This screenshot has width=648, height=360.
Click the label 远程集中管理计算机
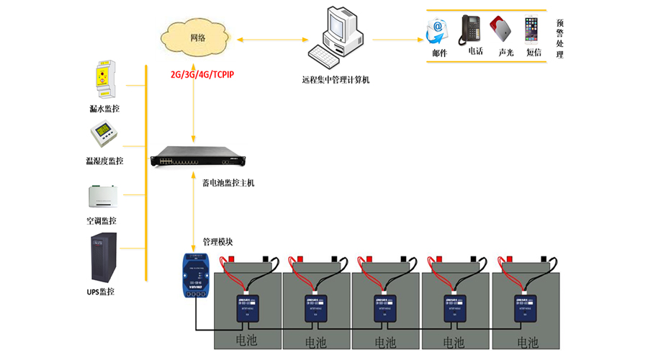click(336, 80)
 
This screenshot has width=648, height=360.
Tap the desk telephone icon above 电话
click(472, 30)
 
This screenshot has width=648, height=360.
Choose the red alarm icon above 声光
click(501, 30)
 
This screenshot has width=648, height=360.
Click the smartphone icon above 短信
click(532, 30)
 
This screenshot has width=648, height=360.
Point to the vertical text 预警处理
click(560, 39)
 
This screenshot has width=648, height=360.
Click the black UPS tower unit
click(103, 258)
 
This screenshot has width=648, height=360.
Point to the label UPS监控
click(101, 292)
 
